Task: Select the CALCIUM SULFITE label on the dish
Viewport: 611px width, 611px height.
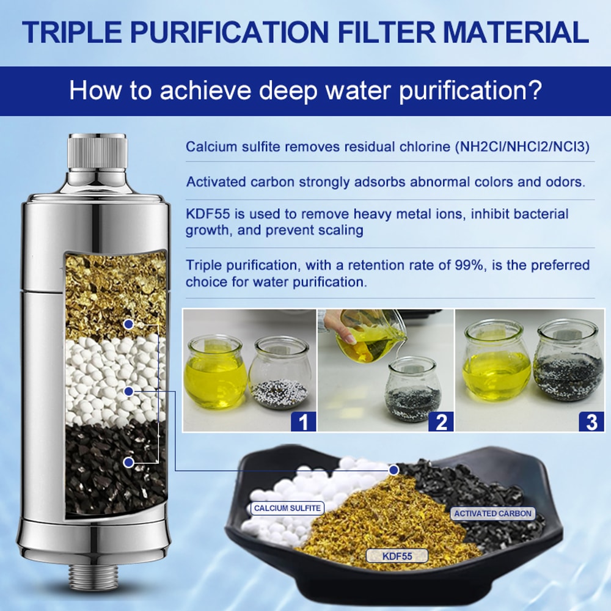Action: click(287, 508)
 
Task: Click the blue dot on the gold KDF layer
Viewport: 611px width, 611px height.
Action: click(128, 323)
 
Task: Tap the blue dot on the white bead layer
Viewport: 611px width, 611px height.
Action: click(128, 390)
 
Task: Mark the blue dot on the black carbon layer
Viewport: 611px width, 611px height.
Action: click(128, 463)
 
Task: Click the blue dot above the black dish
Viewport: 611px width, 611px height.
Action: click(394, 470)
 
